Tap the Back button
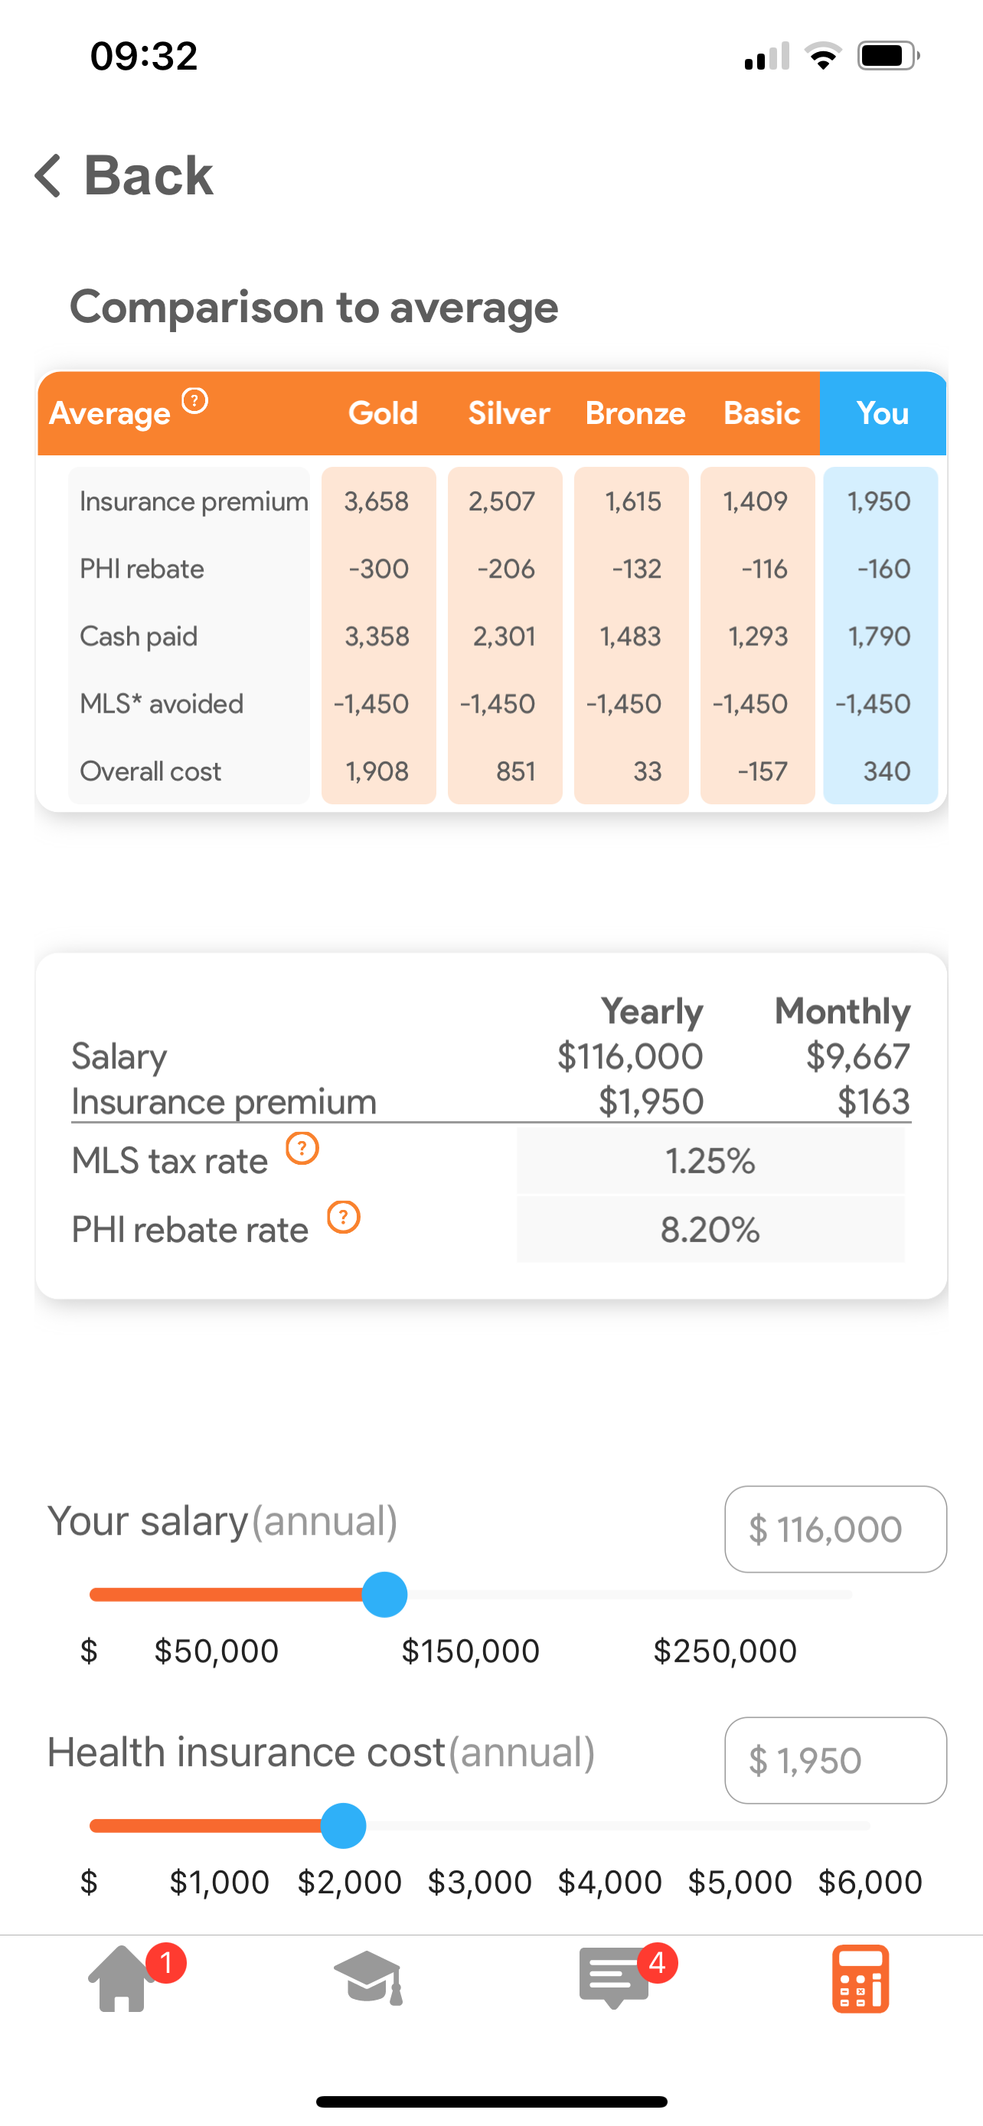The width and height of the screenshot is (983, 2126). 124,176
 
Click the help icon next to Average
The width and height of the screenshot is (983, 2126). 194,401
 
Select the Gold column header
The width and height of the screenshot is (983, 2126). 383,413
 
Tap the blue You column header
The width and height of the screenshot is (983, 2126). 882,413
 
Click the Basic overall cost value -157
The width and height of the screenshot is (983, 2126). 762,771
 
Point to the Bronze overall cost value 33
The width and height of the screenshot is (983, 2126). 647,771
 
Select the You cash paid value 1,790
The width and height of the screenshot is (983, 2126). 879,636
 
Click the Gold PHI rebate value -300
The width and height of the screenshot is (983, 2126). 379,569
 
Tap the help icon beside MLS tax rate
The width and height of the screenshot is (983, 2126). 302,1148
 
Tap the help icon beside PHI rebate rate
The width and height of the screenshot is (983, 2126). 343,1218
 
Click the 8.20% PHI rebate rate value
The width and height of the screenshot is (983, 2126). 710,1231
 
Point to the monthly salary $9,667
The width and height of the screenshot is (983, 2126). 857,1056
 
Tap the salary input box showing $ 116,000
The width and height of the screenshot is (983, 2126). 835,1529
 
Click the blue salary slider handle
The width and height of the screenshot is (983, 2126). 384,1595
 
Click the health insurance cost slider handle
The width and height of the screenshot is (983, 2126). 343,1825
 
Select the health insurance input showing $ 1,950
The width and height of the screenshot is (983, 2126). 835,1760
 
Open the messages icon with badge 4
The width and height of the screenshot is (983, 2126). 614,1979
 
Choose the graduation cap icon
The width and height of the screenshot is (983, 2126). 368,1979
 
